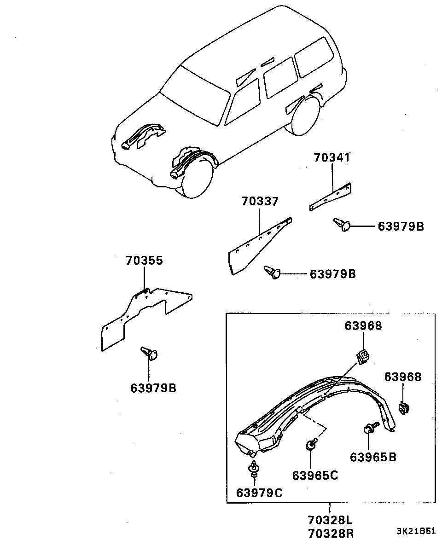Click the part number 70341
tap(332, 157)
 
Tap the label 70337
tap(260, 201)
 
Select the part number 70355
tap(145, 261)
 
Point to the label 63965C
tap(315, 475)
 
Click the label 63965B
tap(373, 457)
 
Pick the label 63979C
tap(259, 493)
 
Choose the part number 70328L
tap(331, 520)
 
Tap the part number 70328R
tap(331, 534)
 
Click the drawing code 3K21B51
tap(416, 531)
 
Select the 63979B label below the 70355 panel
tap(153, 388)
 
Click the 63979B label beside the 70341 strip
tap(401, 226)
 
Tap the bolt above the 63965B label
tap(371, 429)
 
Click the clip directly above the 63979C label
tap(254, 469)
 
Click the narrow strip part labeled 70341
tap(330, 197)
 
